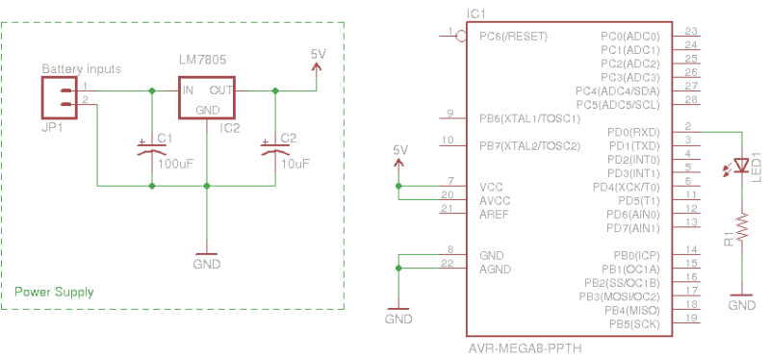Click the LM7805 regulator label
203,61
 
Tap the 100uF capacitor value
175,163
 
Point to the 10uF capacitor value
295,163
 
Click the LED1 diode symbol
742,167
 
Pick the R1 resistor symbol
742,228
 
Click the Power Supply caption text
54,292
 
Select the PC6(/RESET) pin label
513,37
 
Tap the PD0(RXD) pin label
634,131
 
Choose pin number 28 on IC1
690,99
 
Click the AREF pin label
496,214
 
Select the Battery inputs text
82,70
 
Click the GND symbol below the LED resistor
742,300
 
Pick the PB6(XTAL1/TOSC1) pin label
529,118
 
